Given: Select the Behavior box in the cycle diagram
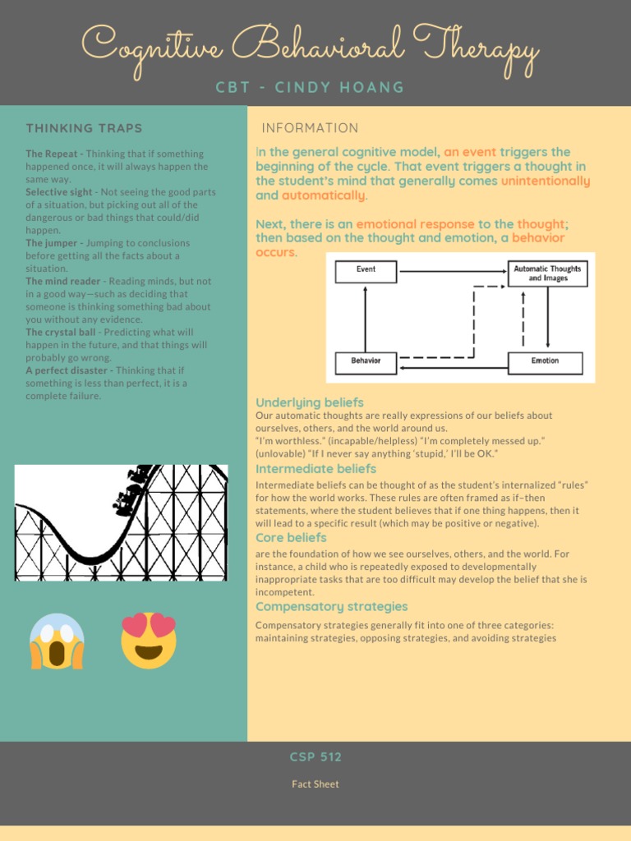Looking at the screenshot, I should [366, 362].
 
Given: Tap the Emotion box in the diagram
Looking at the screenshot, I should [545, 362].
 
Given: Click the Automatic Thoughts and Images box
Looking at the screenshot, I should [547, 273].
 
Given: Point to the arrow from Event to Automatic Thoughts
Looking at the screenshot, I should [452, 271].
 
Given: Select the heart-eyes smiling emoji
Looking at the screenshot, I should [149, 640].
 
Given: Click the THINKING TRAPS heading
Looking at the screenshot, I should [84, 128].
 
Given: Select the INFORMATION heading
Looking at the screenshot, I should [310, 128].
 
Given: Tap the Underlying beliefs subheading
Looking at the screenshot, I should [310, 402].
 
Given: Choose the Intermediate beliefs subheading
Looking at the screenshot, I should [315, 469].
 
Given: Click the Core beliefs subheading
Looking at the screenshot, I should [291, 538].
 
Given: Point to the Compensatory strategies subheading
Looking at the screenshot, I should [331, 607].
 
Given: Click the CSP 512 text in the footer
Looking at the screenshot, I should [315, 757].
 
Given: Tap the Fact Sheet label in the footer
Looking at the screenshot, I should [315, 784].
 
